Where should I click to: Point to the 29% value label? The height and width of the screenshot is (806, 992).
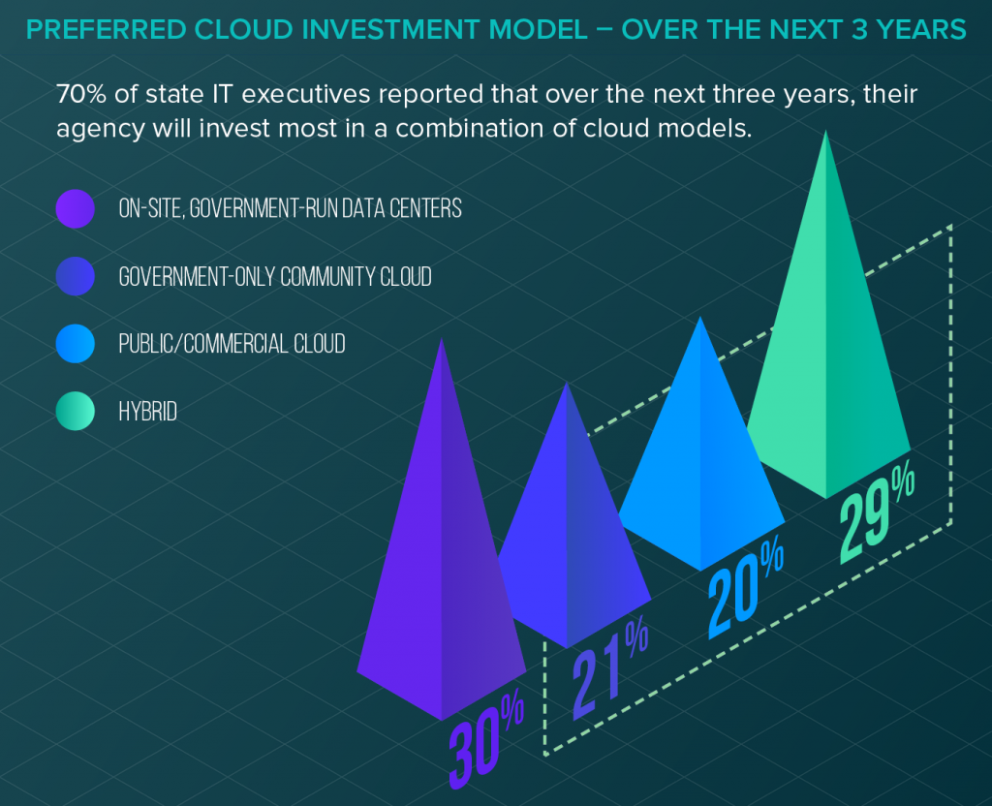(x=875, y=518)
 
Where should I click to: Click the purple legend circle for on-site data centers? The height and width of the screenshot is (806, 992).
(x=76, y=207)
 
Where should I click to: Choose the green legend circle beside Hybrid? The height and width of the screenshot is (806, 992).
(x=76, y=411)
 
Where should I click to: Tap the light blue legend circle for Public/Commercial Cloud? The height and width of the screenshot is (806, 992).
(x=76, y=343)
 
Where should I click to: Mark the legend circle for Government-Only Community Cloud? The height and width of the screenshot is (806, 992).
(x=76, y=276)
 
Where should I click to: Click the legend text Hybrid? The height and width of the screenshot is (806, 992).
(x=148, y=411)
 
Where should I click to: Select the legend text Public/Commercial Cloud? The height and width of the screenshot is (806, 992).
(x=232, y=343)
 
